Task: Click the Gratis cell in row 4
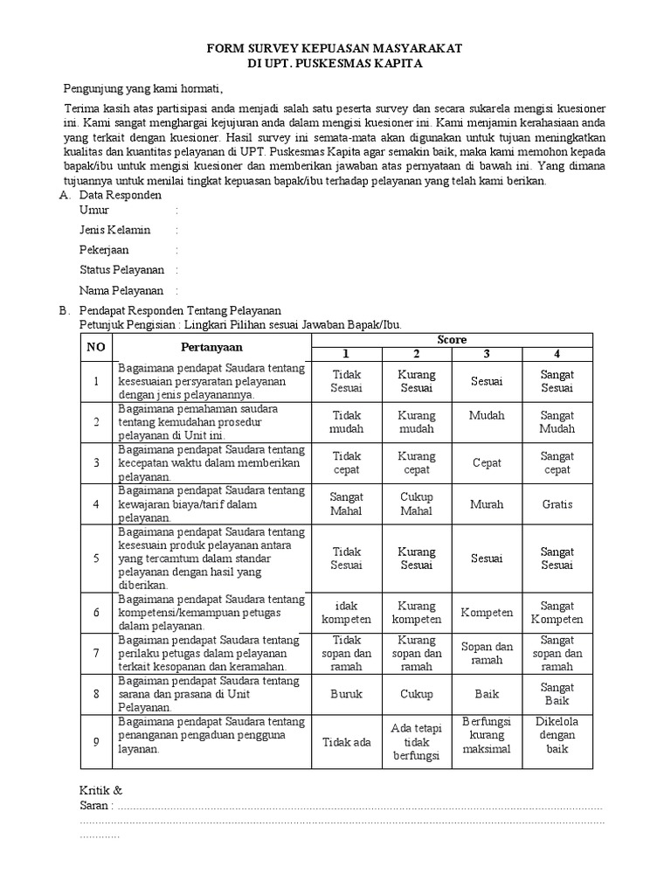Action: [557, 504]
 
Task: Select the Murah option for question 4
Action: [487, 504]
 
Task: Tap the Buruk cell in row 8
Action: [346, 693]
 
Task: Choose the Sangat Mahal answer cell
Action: [346, 503]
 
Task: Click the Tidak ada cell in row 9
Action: [346, 742]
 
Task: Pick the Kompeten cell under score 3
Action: [487, 613]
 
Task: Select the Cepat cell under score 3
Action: [487, 463]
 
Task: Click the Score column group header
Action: [452, 339]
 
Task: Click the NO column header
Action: [95, 346]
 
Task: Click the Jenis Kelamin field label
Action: [115, 230]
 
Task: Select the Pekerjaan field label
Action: [104, 250]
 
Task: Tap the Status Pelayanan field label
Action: [121, 270]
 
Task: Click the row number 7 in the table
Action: [95, 653]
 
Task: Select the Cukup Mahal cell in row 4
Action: [417, 503]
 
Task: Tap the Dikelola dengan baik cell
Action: [557, 735]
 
